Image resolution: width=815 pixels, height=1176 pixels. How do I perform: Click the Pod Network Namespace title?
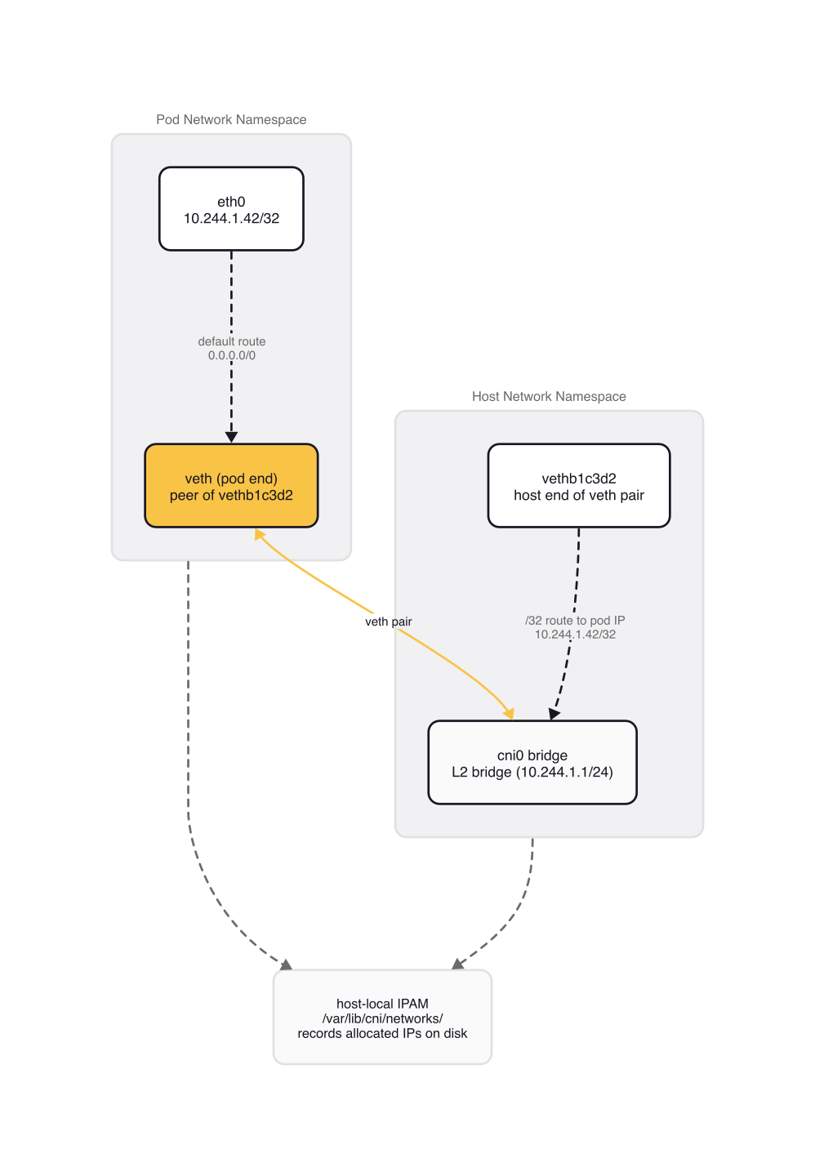click(x=231, y=119)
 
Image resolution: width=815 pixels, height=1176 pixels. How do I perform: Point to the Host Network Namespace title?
click(x=549, y=396)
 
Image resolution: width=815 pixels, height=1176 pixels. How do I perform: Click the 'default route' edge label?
click(x=232, y=341)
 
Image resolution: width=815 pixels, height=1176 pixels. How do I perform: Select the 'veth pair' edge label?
click(x=388, y=621)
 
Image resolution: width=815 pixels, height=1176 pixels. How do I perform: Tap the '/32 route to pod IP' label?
click(x=575, y=621)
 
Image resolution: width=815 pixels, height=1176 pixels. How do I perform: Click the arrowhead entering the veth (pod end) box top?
click(x=231, y=437)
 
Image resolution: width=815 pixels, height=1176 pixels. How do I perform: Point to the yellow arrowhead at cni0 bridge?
click(x=510, y=714)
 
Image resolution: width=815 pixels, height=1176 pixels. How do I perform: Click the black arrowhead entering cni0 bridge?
click(x=554, y=713)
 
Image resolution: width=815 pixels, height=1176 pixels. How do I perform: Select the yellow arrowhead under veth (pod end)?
click(x=260, y=534)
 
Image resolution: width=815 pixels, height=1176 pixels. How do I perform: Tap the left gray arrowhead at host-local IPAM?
click(x=285, y=964)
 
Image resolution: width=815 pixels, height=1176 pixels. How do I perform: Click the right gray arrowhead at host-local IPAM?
click(x=458, y=964)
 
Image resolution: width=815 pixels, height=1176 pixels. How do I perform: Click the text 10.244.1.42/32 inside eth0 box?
click(x=231, y=219)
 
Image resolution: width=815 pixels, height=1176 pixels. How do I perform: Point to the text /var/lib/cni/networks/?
click(x=382, y=1018)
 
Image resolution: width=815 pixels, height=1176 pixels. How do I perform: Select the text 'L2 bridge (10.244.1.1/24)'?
click(x=532, y=773)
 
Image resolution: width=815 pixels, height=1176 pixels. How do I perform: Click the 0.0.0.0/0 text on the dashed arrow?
click(x=232, y=356)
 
